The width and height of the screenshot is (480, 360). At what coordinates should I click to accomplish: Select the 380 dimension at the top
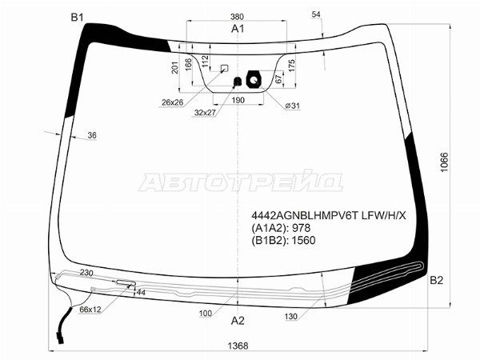tap(238, 17)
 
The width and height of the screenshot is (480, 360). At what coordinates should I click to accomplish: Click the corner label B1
tap(77, 17)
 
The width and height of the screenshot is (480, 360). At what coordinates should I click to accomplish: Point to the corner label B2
tap(436, 280)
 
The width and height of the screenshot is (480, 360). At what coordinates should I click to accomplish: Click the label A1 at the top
tap(238, 29)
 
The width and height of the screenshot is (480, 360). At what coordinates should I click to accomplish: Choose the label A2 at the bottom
tap(238, 322)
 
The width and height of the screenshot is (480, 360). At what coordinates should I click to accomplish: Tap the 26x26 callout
tap(172, 102)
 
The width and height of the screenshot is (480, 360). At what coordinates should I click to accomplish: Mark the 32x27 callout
tap(206, 113)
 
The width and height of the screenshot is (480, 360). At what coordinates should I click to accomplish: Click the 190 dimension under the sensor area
tap(238, 101)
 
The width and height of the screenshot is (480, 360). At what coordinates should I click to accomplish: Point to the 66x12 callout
tap(90, 310)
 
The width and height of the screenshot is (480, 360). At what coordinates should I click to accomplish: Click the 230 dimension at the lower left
tap(86, 273)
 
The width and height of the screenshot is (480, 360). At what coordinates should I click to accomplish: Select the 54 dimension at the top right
tap(316, 15)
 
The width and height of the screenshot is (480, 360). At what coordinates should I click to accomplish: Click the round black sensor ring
tap(254, 80)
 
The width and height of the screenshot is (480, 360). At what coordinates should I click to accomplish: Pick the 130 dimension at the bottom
tap(291, 318)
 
